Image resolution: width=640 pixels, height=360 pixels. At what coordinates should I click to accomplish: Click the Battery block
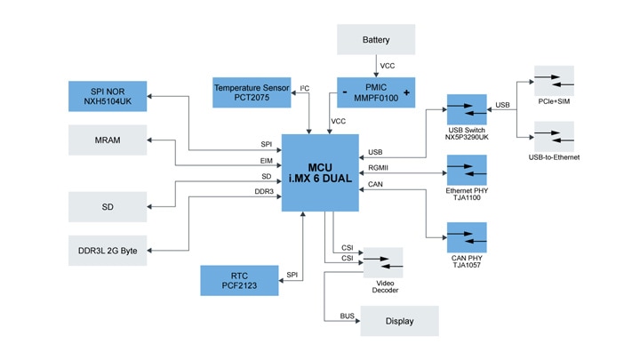(376, 40)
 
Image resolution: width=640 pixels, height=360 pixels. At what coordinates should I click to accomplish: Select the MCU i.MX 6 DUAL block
(320, 172)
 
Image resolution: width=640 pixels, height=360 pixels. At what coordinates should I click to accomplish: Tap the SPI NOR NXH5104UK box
(108, 96)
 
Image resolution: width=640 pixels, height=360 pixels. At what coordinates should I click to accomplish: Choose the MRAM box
(108, 140)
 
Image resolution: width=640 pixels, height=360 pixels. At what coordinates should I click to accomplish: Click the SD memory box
(108, 206)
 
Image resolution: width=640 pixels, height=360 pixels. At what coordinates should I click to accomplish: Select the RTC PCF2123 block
(239, 280)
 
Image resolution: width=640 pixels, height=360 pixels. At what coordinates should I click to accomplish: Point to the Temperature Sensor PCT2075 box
(251, 92)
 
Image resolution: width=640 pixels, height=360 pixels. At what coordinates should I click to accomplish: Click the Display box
(399, 321)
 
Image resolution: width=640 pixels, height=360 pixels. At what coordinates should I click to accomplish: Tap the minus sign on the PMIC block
(344, 92)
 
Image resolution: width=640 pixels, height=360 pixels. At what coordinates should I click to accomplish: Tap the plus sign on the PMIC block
(407, 92)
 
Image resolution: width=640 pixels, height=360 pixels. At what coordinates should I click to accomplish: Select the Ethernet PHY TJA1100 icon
(467, 170)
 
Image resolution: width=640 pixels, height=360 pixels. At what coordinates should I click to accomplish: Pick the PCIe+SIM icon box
(553, 81)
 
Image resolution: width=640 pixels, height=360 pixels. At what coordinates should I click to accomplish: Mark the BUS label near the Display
(347, 316)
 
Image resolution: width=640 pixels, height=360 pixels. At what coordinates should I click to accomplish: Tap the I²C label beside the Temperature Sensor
(304, 88)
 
